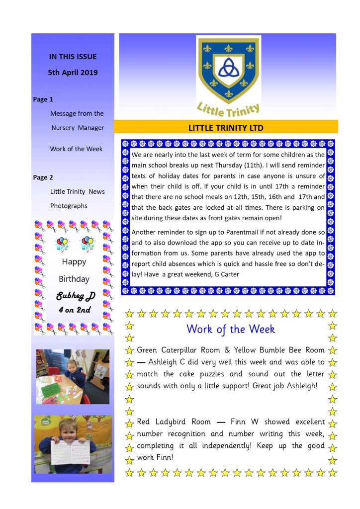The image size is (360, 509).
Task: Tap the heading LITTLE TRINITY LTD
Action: (x=226, y=128)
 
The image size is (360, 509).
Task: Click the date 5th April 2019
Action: (x=73, y=73)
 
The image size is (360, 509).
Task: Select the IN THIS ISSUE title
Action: (x=73, y=57)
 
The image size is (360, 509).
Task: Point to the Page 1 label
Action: (x=43, y=99)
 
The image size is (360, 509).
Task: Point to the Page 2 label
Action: (x=43, y=177)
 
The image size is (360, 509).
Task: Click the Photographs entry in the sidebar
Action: (x=69, y=206)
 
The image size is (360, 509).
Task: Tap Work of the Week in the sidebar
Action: (x=76, y=149)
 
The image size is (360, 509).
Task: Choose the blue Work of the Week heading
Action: (x=231, y=329)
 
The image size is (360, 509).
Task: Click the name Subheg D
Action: (x=76, y=297)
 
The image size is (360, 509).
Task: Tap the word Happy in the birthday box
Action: (x=74, y=262)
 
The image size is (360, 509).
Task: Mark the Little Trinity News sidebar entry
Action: (x=77, y=192)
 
